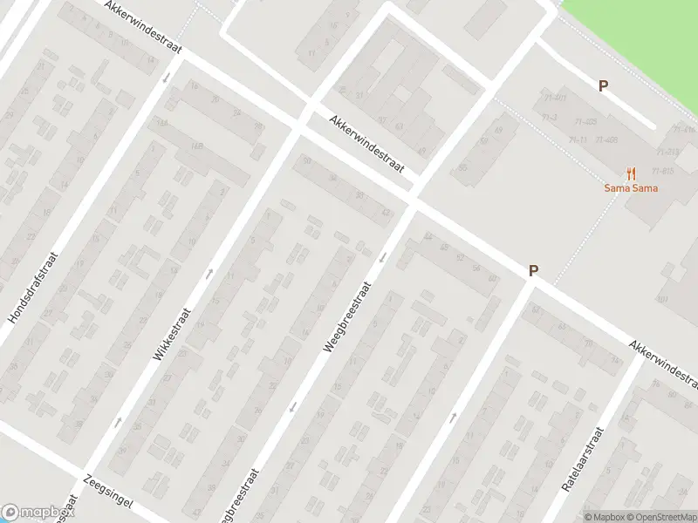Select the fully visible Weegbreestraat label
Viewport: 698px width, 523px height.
(348, 316)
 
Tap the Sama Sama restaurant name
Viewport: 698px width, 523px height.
(631, 188)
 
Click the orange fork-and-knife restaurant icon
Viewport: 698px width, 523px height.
(631, 174)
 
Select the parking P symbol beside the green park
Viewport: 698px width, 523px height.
(603, 85)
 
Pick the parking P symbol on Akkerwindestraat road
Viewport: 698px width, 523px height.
(533, 271)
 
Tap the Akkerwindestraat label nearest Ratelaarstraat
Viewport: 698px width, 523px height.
(665, 364)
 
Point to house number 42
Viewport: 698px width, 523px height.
(387, 212)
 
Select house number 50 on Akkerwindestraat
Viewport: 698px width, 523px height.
(306, 161)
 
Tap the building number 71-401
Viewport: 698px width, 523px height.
(555, 98)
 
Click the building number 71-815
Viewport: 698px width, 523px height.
(663, 171)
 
